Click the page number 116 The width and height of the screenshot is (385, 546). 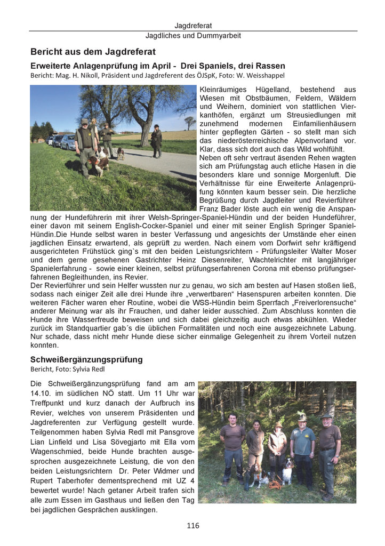[x=192, y=526]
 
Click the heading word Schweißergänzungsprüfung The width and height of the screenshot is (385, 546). [x=86, y=359]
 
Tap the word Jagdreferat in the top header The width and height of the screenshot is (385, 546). [x=193, y=26]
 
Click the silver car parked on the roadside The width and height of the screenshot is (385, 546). [x=68, y=142]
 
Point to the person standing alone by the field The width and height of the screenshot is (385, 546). [x=156, y=141]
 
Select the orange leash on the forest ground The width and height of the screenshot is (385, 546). [x=275, y=485]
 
